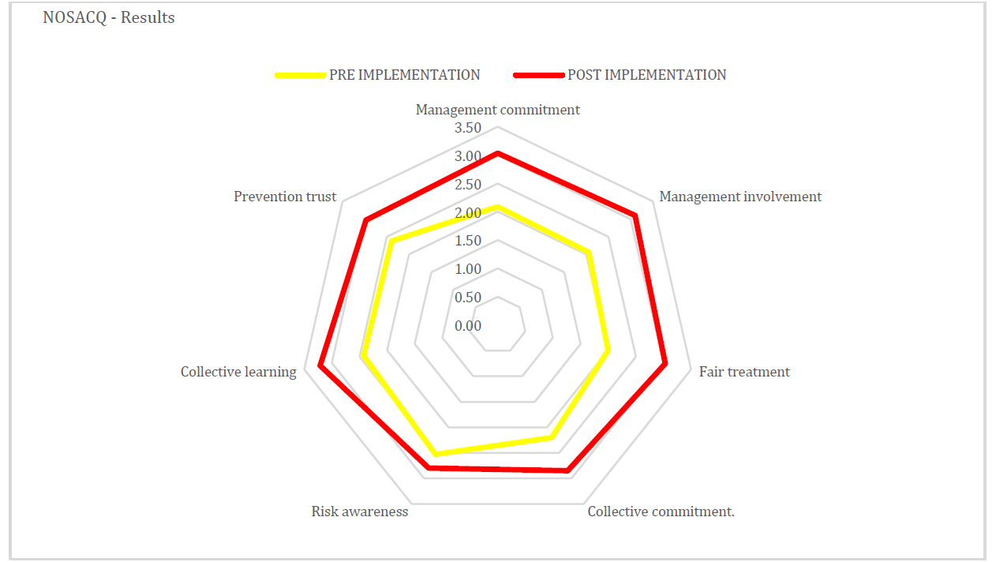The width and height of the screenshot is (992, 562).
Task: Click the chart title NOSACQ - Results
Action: [x=108, y=17]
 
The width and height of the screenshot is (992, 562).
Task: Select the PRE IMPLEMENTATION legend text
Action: [x=404, y=75]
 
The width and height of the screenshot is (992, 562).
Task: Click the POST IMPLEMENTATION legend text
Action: [x=646, y=75]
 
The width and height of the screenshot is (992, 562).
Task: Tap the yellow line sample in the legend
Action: [x=301, y=75]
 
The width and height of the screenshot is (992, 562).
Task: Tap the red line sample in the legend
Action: [x=539, y=75]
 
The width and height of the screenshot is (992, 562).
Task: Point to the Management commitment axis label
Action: [x=497, y=110]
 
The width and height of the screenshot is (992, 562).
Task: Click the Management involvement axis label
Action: [x=740, y=197]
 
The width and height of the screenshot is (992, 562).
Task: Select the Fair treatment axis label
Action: [x=744, y=372]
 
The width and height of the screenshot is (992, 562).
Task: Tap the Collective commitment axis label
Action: [x=661, y=511]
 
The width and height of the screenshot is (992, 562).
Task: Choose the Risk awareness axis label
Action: [x=360, y=511]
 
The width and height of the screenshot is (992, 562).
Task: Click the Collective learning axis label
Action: [x=238, y=372]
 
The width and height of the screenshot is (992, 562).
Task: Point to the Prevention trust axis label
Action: [x=285, y=197]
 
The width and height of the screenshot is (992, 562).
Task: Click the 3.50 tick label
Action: [x=468, y=128]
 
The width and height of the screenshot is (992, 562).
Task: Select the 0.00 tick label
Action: [x=468, y=326]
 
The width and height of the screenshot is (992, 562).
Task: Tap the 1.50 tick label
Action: [x=468, y=241]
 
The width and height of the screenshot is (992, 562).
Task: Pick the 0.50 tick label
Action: [x=468, y=297]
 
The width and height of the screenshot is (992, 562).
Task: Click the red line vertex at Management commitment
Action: [x=497, y=154]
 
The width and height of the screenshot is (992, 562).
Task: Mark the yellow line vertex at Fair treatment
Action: [x=608, y=350]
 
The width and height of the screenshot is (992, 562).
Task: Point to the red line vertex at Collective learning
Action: [x=320, y=365]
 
